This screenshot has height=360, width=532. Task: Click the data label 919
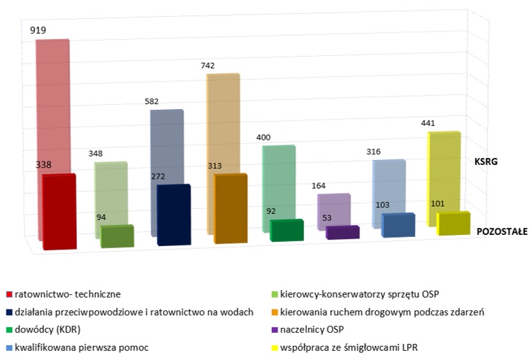coord(39,31)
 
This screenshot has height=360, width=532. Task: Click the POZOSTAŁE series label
coord(502,231)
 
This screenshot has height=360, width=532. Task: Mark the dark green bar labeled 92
coord(287,231)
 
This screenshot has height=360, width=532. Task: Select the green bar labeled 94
coord(117,236)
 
